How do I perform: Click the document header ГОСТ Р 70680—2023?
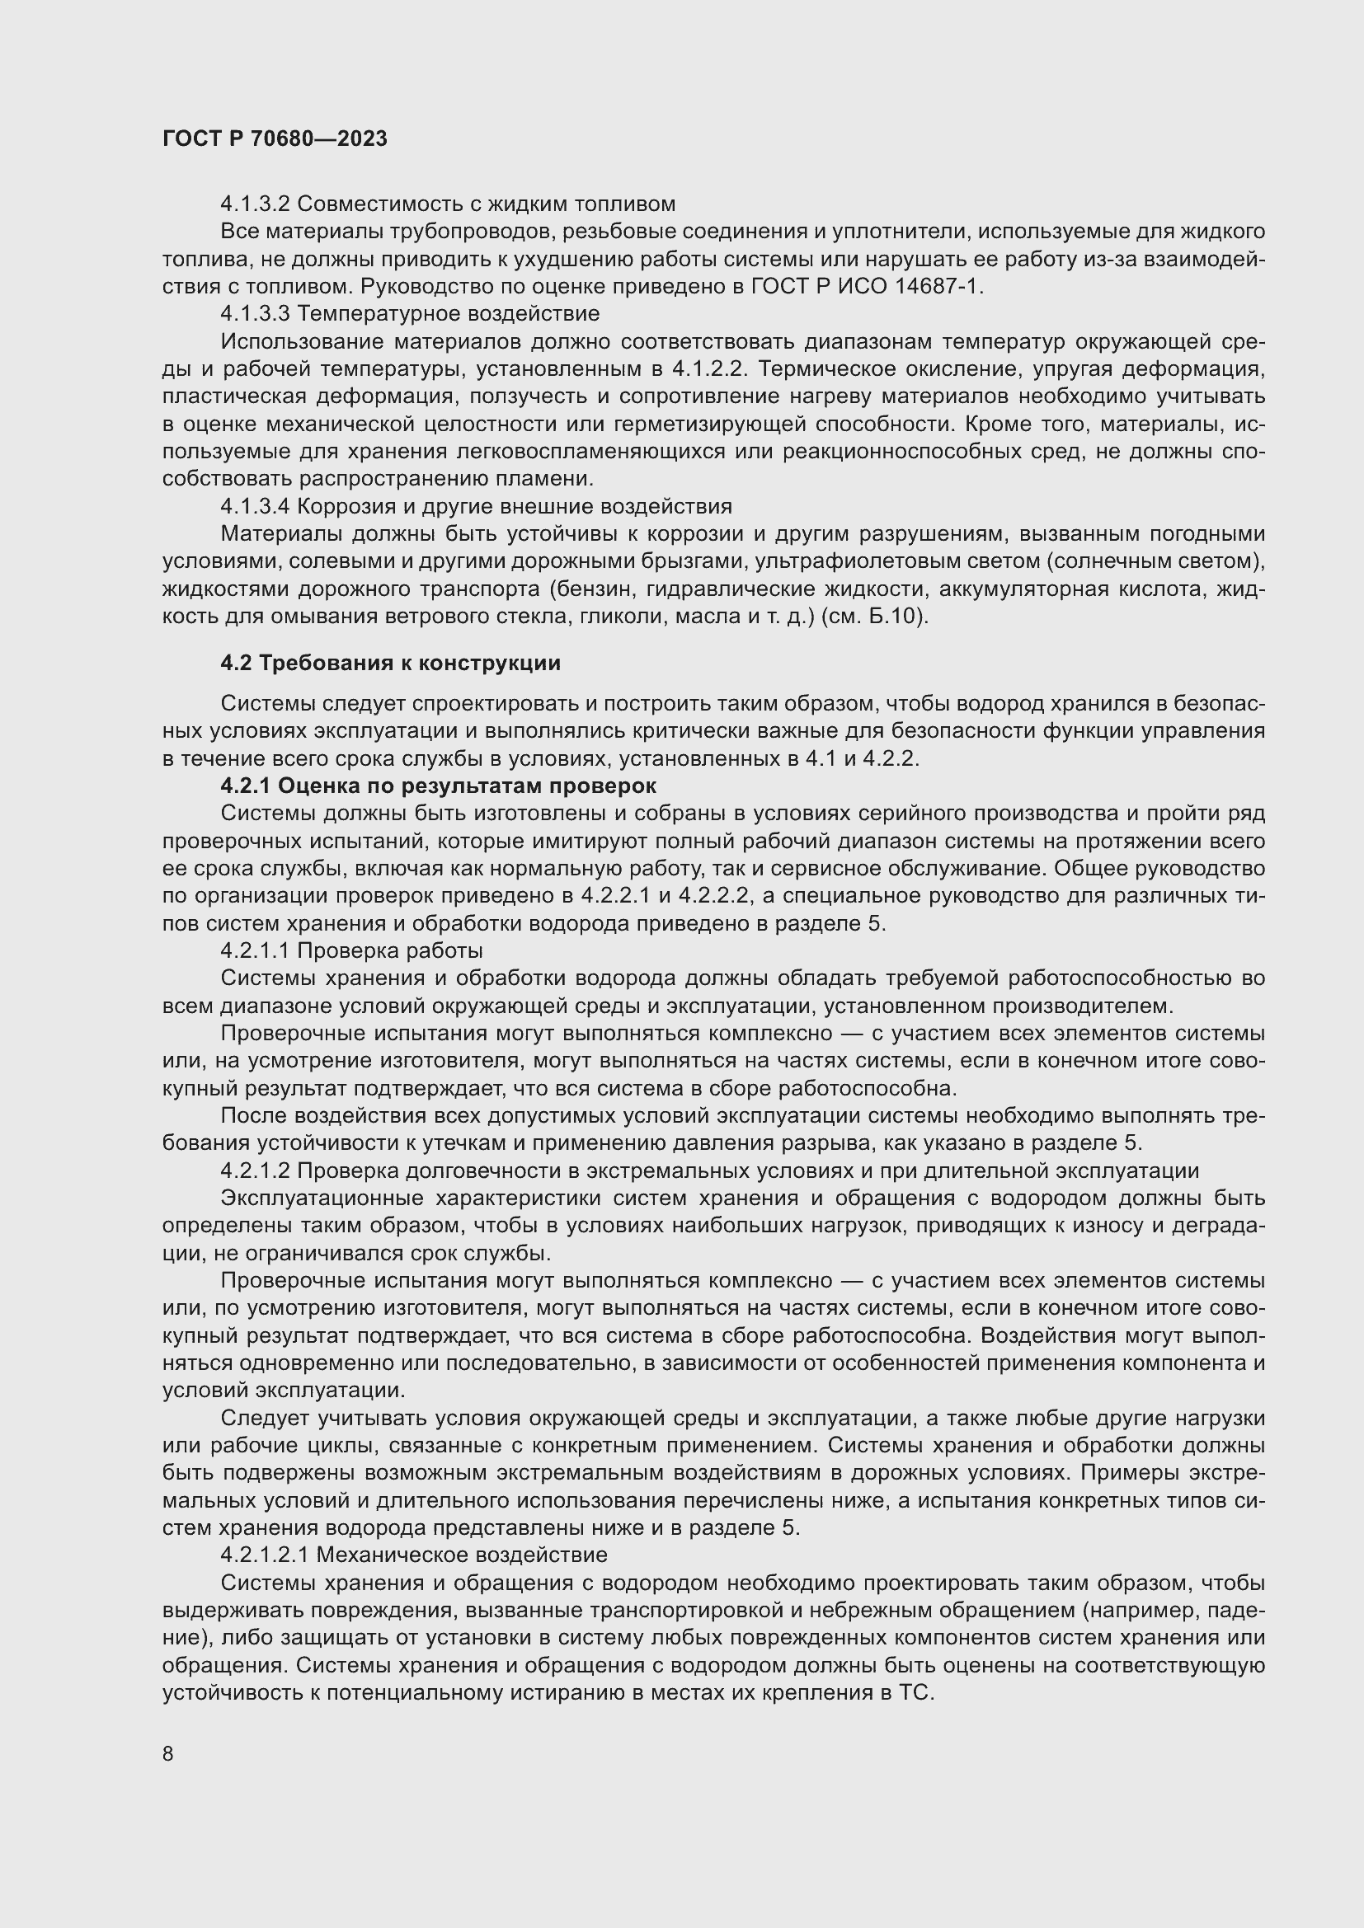click(x=275, y=138)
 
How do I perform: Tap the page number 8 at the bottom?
click(x=168, y=1753)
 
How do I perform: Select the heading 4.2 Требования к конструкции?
click(x=391, y=663)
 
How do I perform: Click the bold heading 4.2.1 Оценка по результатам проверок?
click(x=439, y=786)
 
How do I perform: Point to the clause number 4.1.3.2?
click(x=256, y=204)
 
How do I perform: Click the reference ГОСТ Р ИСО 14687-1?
click(x=866, y=285)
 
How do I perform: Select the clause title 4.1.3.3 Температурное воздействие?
click(x=410, y=313)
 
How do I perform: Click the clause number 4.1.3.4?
click(x=256, y=505)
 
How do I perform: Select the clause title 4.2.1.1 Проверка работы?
click(x=351, y=950)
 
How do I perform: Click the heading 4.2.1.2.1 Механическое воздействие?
click(x=413, y=1555)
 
